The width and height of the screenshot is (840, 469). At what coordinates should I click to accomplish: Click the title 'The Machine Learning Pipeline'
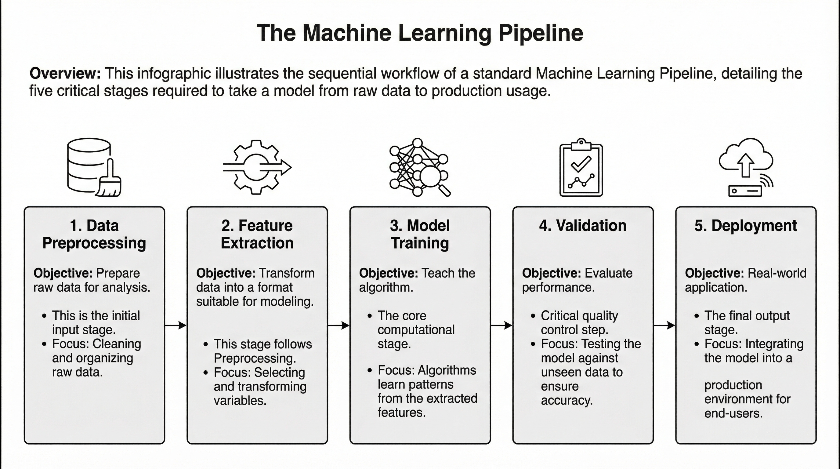pos(420,33)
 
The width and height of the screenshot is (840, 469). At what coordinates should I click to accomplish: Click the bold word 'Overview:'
pos(65,73)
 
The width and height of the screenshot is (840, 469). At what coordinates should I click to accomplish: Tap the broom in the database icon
pos(109,181)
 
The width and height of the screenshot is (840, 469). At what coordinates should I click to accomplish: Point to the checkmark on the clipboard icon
pos(581,164)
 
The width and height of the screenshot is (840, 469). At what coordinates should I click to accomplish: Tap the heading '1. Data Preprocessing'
pos(94,234)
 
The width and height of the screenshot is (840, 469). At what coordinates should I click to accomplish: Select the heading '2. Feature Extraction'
pos(257,234)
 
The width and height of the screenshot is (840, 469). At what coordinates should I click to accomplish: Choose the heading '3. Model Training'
pos(420,234)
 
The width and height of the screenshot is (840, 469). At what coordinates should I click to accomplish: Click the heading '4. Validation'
pos(583,226)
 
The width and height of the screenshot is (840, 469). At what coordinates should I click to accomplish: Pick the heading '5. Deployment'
pos(745,226)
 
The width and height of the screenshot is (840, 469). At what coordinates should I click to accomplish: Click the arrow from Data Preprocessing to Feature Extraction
pos(176,325)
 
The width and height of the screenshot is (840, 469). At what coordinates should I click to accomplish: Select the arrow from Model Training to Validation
pos(501,325)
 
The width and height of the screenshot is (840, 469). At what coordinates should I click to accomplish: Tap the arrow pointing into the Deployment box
pos(664,325)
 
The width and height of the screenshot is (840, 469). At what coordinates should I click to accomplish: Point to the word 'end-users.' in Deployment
pos(733,413)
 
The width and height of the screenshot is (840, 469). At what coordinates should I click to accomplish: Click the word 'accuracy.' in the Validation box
pos(567,401)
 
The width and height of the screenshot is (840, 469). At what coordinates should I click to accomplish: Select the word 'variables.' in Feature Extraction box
pos(240,401)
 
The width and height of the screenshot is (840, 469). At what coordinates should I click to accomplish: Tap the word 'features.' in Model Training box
pos(402,413)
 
